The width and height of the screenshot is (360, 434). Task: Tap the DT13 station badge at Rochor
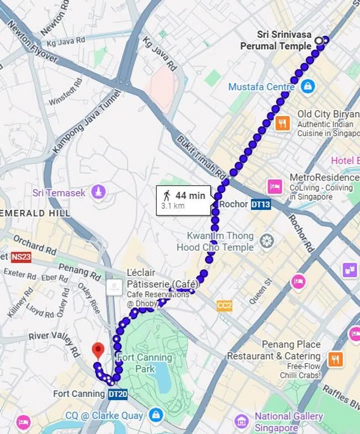(260, 204)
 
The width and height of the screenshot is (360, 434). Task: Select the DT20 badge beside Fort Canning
(117, 394)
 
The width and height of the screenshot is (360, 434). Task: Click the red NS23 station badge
(20, 257)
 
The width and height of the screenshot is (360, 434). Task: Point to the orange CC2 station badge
(224, 306)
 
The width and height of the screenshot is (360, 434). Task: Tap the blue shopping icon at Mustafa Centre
(308, 86)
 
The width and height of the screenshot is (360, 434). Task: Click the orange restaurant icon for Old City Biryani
(282, 123)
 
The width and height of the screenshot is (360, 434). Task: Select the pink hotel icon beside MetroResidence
(275, 186)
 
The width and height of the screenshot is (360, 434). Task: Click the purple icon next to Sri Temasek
(98, 192)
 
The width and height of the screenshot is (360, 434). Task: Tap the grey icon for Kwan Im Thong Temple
(266, 242)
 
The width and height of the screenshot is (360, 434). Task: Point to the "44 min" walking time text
(190, 196)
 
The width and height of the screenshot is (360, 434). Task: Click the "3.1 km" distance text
(172, 206)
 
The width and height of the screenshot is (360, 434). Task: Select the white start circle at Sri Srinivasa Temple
(318, 40)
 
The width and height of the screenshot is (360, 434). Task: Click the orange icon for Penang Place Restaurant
(335, 359)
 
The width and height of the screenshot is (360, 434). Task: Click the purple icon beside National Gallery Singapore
(241, 421)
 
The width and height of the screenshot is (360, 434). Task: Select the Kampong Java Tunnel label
(86, 122)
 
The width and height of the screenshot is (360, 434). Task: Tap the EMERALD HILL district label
(35, 213)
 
